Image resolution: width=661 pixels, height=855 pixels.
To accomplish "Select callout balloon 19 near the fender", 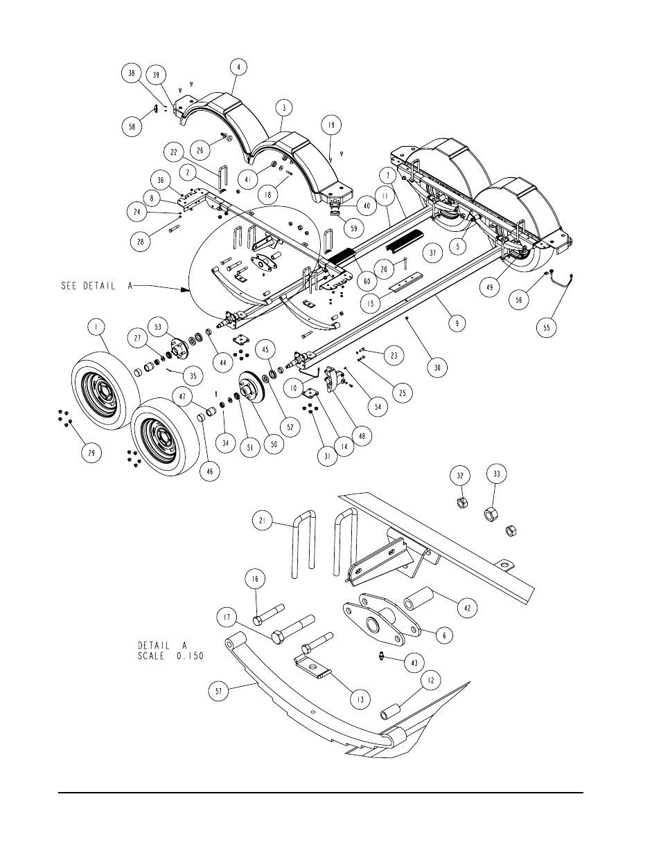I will point(331,125).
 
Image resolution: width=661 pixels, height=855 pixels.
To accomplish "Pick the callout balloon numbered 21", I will point(262,523).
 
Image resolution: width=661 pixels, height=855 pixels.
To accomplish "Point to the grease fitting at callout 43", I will point(382,656).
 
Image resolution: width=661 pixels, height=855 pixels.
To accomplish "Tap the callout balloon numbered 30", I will point(437,368).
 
